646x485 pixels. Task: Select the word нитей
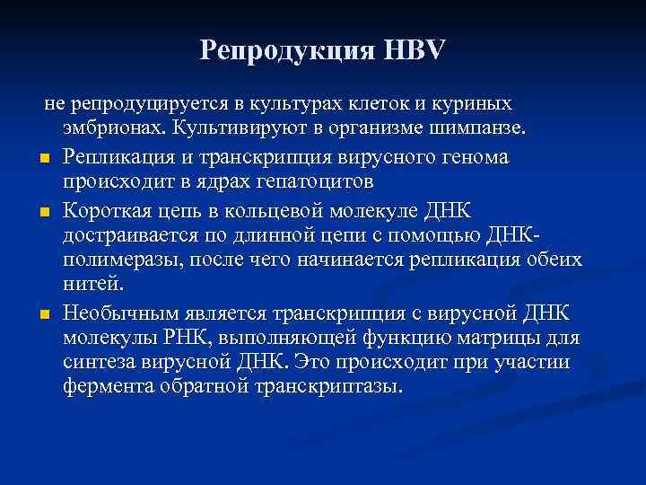click(94, 286)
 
